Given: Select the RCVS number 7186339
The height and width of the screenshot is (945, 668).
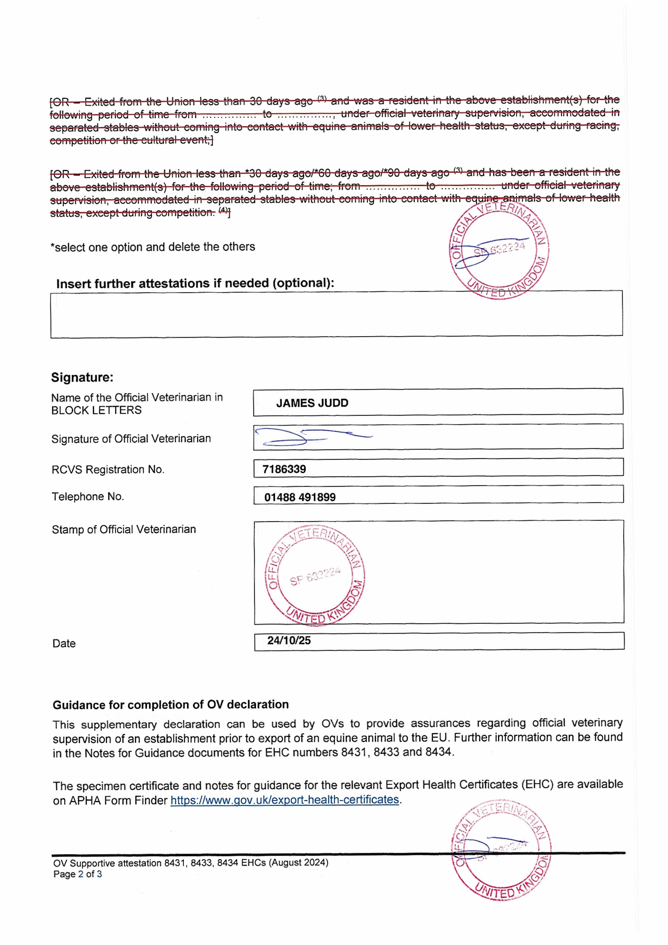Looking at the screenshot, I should click(284, 469).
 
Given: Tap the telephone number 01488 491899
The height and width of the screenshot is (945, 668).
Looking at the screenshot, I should click(300, 497).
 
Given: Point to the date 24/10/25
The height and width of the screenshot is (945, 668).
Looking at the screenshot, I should click(289, 641).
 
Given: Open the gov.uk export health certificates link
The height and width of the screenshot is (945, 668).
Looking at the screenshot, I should click(285, 800).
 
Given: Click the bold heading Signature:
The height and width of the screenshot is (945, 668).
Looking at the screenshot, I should click(82, 377).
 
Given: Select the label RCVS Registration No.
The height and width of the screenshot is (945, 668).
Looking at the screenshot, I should click(108, 470).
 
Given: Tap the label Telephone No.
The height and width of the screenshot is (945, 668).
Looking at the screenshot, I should click(88, 497).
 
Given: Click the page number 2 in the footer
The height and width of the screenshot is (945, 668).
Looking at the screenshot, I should click(81, 874).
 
